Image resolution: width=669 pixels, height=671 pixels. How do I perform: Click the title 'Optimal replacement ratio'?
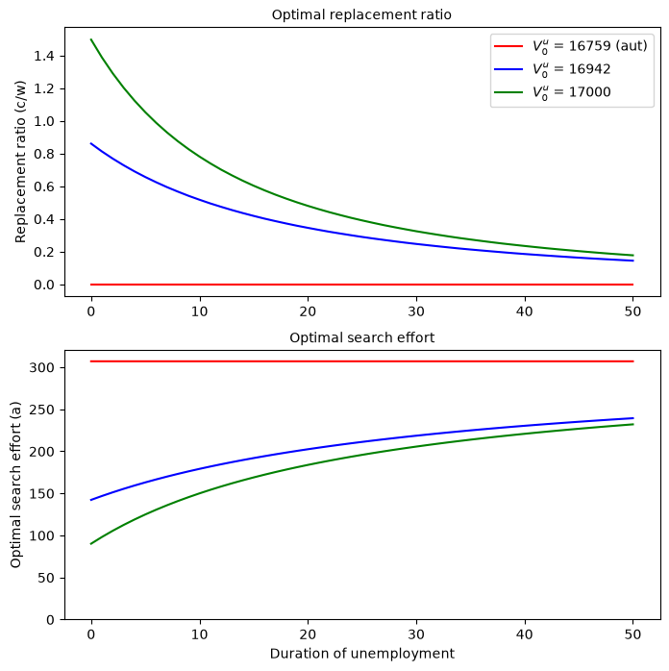pyautogui.click(x=361, y=15)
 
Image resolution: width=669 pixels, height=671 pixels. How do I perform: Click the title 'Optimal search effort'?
pyautogui.click(x=361, y=337)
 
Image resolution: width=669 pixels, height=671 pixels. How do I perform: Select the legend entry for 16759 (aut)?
pyautogui.click(x=571, y=46)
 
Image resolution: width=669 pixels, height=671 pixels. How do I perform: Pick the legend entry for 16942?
pyautogui.click(x=553, y=69)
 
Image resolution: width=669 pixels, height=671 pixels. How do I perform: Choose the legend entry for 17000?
pyautogui.click(x=553, y=92)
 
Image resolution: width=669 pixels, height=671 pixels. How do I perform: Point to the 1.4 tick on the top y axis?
pyautogui.click(x=44, y=56)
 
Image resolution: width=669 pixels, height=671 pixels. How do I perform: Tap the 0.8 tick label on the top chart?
pyautogui.click(x=44, y=154)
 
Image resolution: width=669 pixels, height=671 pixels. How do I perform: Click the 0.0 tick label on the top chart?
pyautogui.click(x=44, y=285)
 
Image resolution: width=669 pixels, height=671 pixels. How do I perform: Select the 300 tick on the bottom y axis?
pyautogui.click(x=41, y=367)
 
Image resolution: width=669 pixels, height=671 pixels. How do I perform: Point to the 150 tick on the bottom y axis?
pyautogui.click(x=41, y=494)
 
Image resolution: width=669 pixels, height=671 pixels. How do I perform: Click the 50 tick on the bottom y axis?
pyautogui.click(x=46, y=578)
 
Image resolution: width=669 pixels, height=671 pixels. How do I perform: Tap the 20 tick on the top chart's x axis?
pyautogui.click(x=308, y=311)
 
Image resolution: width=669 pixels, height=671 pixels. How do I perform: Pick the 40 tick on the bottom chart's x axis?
pyautogui.click(x=525, y=634)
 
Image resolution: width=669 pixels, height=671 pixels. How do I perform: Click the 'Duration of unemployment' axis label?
pyautogui.click(x=361, y=654)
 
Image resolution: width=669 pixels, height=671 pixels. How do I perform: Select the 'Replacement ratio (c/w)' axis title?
pyautogui.click(x=20, y=162)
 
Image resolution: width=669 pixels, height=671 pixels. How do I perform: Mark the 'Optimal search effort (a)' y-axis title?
pyautogui.click(x=15, y=485)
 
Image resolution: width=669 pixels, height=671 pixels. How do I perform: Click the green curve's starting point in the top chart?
pyautogui.click(x=91, y=39)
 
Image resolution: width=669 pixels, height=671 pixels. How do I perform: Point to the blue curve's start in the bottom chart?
pyautogui.click(x=91, y=500)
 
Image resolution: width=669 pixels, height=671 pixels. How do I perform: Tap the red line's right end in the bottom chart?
pyautogui.click(x=633, y=361)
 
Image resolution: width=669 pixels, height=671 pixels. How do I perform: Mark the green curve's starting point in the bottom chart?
pyautogui.click(x=91, y=544)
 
